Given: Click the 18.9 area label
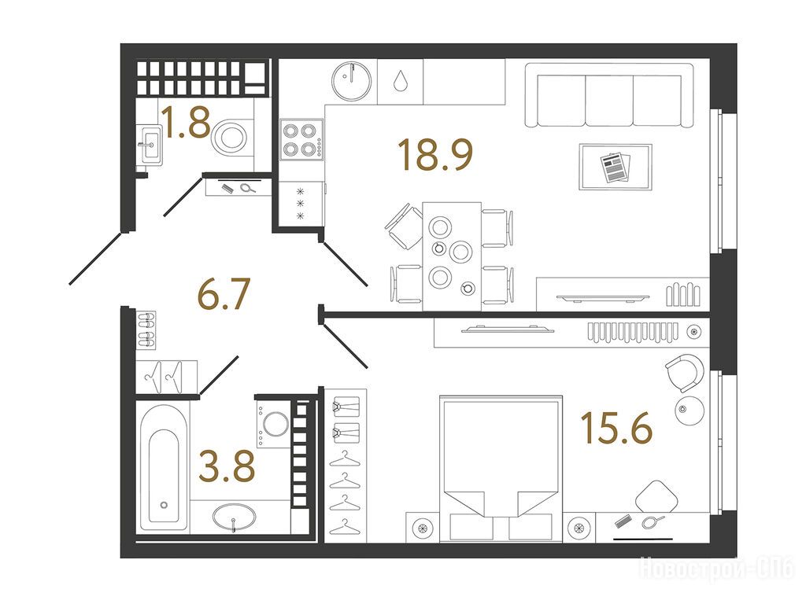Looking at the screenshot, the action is tap(435, 155).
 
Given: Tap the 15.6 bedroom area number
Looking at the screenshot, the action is tap(616, 428).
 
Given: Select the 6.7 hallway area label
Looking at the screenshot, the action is tap(224, 294).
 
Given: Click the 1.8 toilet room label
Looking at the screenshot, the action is tap(185, 122).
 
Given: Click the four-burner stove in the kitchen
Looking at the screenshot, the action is tap(301, 140).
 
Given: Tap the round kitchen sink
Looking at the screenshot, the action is tap(352, 81).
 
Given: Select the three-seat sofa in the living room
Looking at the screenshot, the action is tap(609, 95).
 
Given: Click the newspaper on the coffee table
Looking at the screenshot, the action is tap(616, 167).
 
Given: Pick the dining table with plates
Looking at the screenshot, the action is tap(452, 256).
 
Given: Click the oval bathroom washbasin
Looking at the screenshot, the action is tap(234, 516).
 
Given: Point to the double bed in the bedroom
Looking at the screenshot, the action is tap(501, 468).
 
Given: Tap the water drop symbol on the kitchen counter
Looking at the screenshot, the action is tap(401, 81).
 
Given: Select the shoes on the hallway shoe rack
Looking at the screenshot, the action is tap(146, 330).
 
